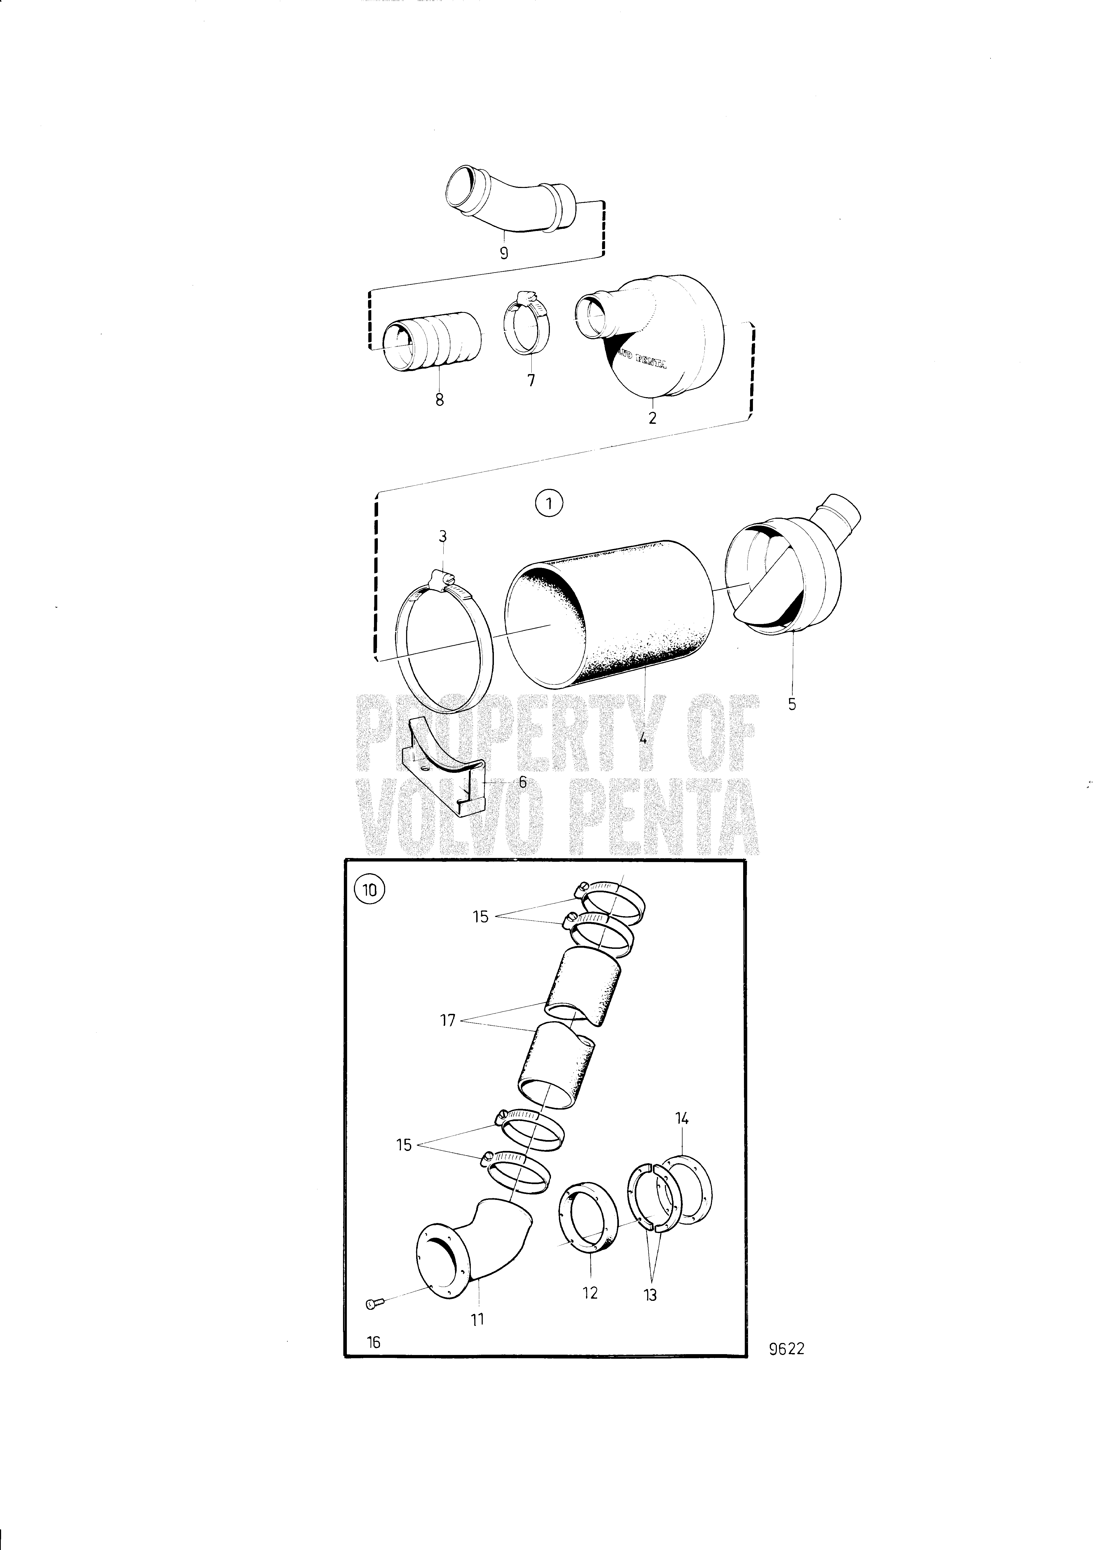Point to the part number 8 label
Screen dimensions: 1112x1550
pyautogui.click(x=439, y=399)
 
